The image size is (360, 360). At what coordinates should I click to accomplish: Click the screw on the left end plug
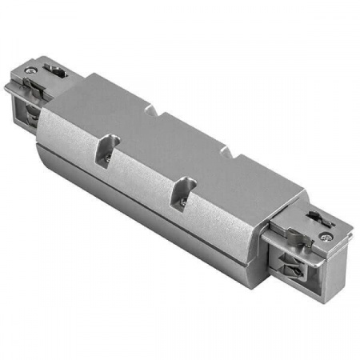(x=30, y=72)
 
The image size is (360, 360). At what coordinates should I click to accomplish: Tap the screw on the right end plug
(x=326, y=237)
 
